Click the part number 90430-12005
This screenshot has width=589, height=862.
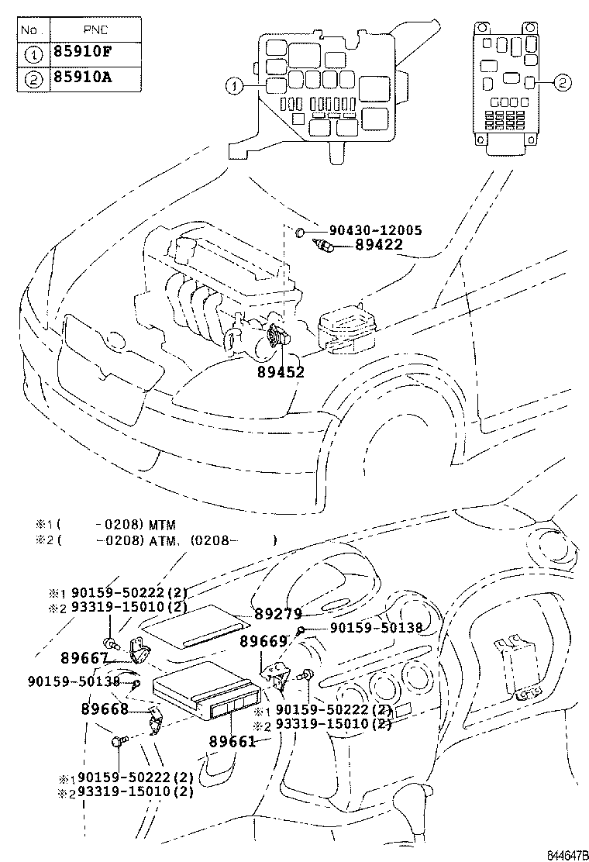click(x=375, y=230)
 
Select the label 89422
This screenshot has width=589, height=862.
click(x=379, y=245)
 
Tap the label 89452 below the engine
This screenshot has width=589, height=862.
click(x=281, y=371)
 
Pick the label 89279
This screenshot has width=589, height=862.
click(x=278, y=614)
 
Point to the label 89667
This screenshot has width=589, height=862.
click(x=84, y=658)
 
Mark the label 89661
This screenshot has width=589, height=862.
click(x=232, y=742)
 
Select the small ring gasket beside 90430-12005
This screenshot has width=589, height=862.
click(x=301, y=231)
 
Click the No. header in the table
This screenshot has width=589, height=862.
click(x=30, y=29)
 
